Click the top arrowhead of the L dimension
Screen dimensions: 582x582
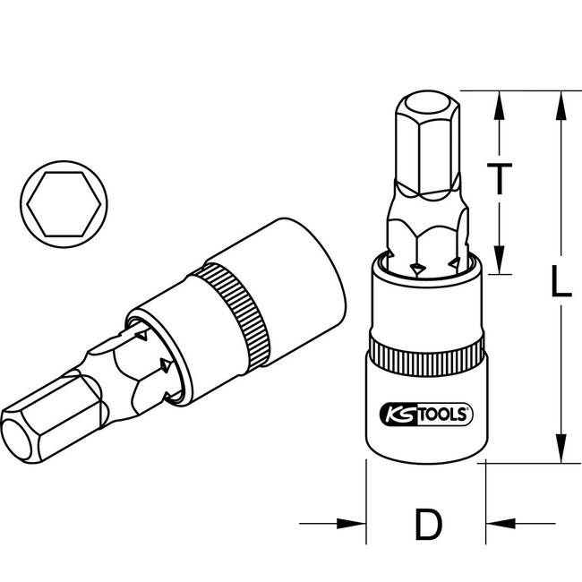(561, 100)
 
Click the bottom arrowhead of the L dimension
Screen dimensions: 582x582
(561, 453)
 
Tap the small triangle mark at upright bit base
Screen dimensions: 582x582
(416, 268)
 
